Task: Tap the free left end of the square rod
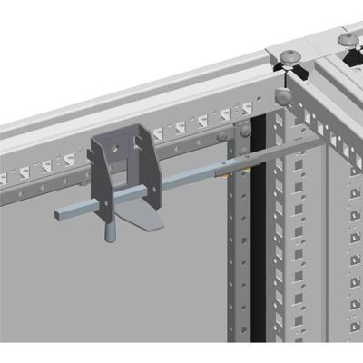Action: click(x=60, y=212)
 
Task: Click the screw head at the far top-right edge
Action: click(x=350, y=39)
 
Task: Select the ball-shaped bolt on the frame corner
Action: click(x=282, y=92)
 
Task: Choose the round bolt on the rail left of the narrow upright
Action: click(x=221, y=139)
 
